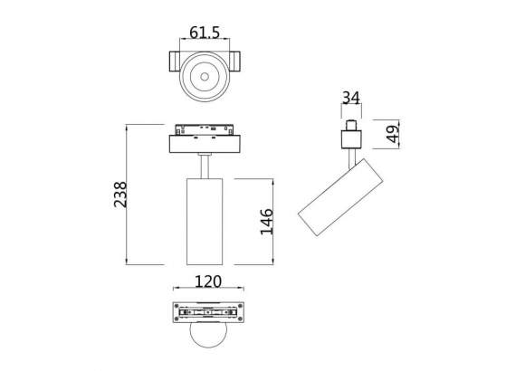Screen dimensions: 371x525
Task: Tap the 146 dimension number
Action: click(266, 220)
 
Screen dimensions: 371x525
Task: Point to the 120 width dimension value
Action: click(209, 281)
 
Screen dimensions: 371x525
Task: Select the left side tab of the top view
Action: click(173, 64)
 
